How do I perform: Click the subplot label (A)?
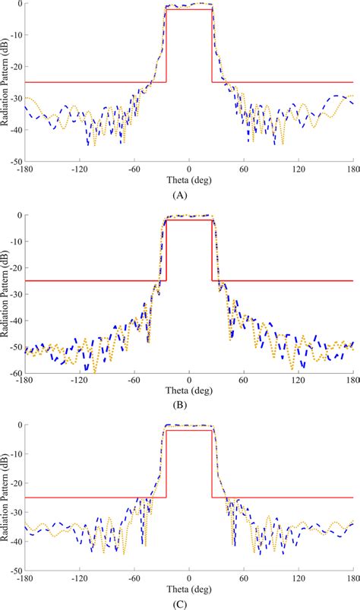point(180,195)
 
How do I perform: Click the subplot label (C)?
point(180,605)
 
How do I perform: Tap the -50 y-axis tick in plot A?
point(14,162)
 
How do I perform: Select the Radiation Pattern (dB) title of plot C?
point(5,497)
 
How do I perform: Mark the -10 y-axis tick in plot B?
point(14,242)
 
